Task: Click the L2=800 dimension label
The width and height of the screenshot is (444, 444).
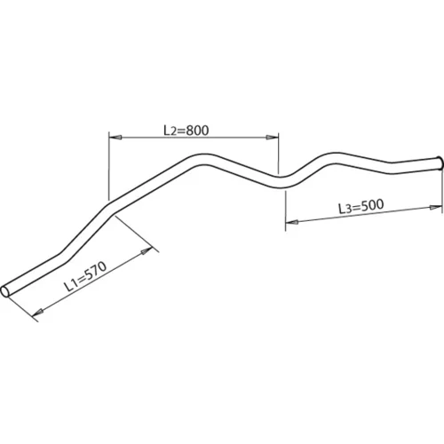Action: [x=186, y=131]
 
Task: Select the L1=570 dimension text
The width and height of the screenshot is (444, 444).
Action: [x=85, y=276]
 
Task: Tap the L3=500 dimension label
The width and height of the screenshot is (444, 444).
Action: [x=361, y=206]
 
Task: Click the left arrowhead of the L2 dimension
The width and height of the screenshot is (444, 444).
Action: [x=115, y=137]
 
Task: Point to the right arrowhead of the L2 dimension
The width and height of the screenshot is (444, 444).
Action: [x=272, y=137]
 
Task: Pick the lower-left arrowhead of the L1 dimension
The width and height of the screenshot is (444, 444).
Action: [x=38, y=312]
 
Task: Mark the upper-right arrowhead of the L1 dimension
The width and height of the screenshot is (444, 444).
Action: [x=147, y=251]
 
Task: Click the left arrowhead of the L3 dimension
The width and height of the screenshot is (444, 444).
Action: [x=292, y=222]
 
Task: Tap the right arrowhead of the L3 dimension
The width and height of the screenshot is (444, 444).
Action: [x=436, y=208]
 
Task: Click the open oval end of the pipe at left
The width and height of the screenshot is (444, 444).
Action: [x=5, y=291]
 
